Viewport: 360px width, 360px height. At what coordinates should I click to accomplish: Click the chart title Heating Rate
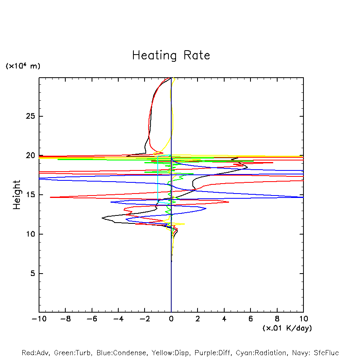171,55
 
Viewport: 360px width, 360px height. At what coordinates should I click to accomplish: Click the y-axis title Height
17,195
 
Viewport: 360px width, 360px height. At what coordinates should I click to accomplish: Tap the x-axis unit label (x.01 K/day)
287,328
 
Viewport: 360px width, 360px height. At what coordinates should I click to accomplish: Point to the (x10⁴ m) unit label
23,66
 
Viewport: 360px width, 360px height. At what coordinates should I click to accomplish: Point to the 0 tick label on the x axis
171,319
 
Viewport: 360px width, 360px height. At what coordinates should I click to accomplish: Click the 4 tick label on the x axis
224,319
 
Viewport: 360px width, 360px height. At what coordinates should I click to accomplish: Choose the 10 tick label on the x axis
303,319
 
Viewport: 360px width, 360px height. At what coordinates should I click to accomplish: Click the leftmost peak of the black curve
102,218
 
